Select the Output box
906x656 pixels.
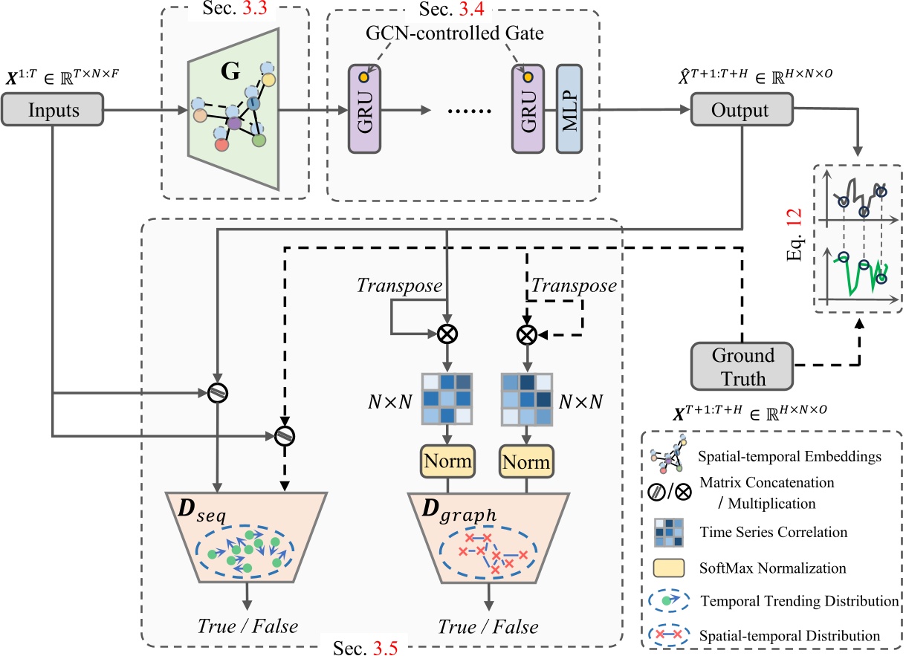[x=739, y=111]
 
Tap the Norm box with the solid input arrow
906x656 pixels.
[x=447, y=461]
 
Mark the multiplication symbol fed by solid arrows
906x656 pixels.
[x=447, y=334]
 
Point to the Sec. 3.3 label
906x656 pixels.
[x=235, y=10]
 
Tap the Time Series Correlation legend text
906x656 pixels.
[x=774, y=533]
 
